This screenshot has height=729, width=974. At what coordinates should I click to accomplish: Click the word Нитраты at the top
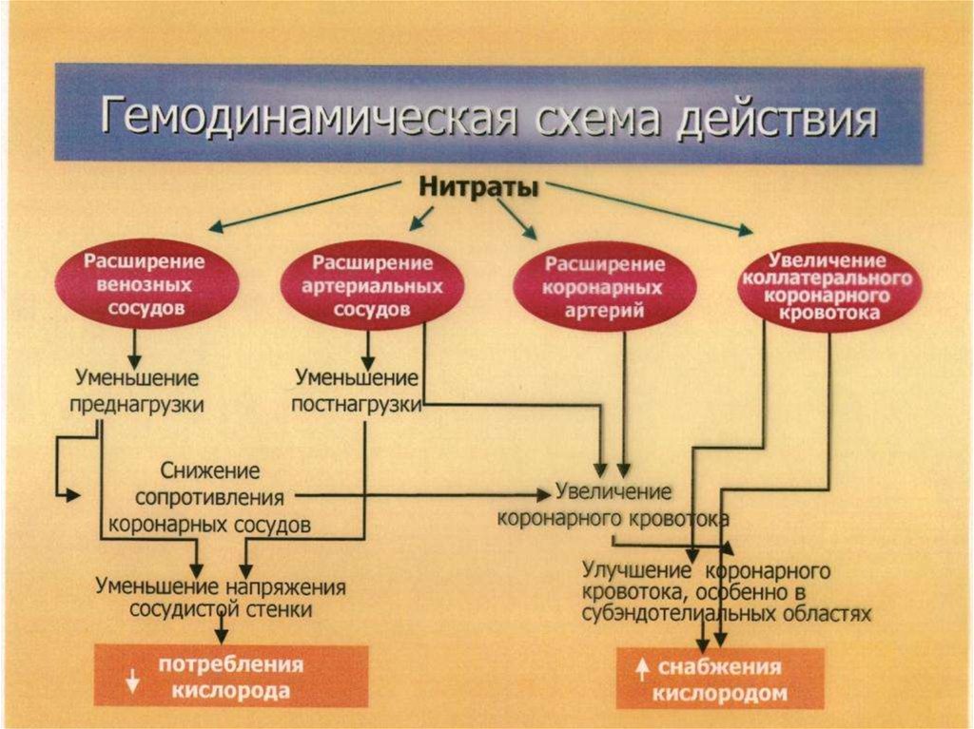click(479, 187)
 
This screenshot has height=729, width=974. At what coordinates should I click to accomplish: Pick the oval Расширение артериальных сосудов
click(373, 284)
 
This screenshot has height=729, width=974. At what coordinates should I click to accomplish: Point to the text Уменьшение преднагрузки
click(139, 391)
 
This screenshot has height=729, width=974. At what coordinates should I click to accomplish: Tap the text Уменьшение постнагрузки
click(357, 391)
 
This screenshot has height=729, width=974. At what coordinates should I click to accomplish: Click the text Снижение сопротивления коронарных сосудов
click(210, 497)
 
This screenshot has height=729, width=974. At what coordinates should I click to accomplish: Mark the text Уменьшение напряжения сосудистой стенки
click(221, 597)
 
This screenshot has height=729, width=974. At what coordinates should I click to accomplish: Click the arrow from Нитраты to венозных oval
click(304, 205)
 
